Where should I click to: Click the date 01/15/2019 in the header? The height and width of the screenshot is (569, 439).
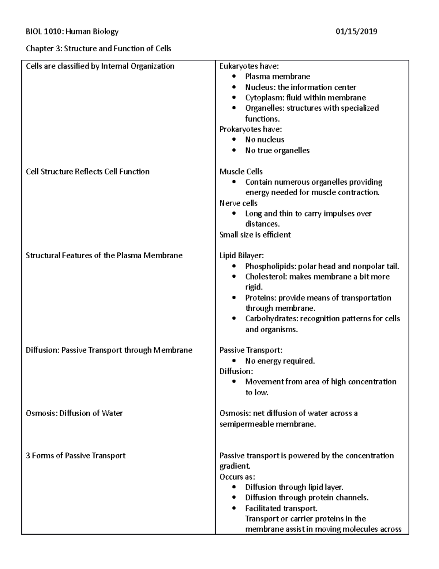click(x=356, y=32)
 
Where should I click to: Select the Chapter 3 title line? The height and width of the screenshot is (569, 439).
click(x=98, y=48)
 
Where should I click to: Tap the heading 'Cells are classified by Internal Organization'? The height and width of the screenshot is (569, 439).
click(x=100, y=66)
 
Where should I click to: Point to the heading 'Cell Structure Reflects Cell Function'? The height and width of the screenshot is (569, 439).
click(x=87, y=171)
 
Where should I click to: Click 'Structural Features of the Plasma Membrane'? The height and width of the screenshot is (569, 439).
click(x=104, y=255)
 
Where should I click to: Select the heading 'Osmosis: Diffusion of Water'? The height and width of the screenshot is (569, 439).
click(x=74, y=413)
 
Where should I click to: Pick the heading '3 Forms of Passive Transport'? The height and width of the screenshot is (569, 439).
click(x=75, y=455)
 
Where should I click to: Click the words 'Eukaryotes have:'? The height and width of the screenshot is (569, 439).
click(x=249, y=66)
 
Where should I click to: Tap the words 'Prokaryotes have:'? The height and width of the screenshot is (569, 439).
click(x=250, y=129)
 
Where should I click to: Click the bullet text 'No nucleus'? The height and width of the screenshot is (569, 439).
click(x=264, y=140)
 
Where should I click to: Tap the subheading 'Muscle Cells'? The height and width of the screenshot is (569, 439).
click(x=241, y=171)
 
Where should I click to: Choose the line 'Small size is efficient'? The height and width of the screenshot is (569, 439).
click(x=255, y=234)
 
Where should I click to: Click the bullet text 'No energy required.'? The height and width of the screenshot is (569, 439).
click(x=279, y=361)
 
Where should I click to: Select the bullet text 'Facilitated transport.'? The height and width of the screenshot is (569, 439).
click(x=281, y=508)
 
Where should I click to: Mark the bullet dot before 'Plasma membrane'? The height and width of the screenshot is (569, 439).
click(x=234, y=77)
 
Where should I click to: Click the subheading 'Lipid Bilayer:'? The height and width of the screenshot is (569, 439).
click(x=241, y=255)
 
